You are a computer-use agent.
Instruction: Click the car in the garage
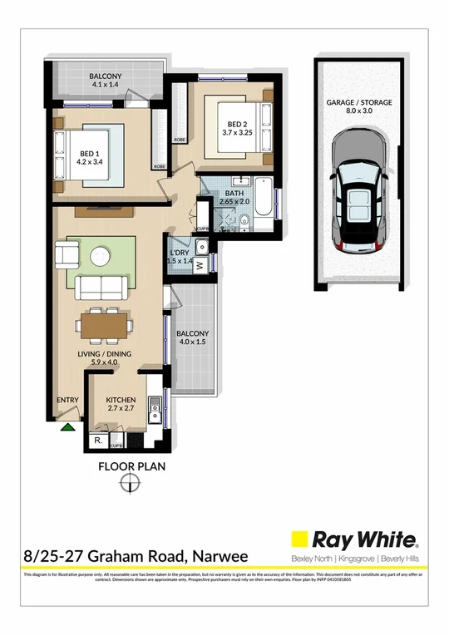[359, 194]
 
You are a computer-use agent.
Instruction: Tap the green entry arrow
[67, 426]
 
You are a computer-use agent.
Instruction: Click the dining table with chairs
[105, 323]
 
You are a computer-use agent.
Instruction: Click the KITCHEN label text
[121, 400]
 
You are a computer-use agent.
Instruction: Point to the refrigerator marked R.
[98, 439]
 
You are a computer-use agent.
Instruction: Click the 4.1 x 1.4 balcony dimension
[106, 85]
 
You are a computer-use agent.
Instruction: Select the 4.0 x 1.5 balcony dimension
[192, 342]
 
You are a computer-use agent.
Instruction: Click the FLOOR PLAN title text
[132, 466]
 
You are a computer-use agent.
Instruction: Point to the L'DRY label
[180, 252]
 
